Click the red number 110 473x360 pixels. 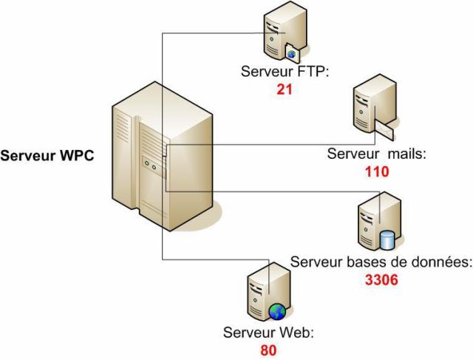pyautogui.click(x=377, y=171)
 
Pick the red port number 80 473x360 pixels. pyautogui.click(x=268, y=349)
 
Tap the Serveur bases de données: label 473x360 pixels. pyautogui.click(x=381, y=262)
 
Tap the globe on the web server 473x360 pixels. pyautogui.click(x=276, y=310)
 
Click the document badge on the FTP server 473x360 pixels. pyautogui.click(x=293, y=54)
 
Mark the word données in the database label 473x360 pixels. pyautogui.click(x=445, y=262)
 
